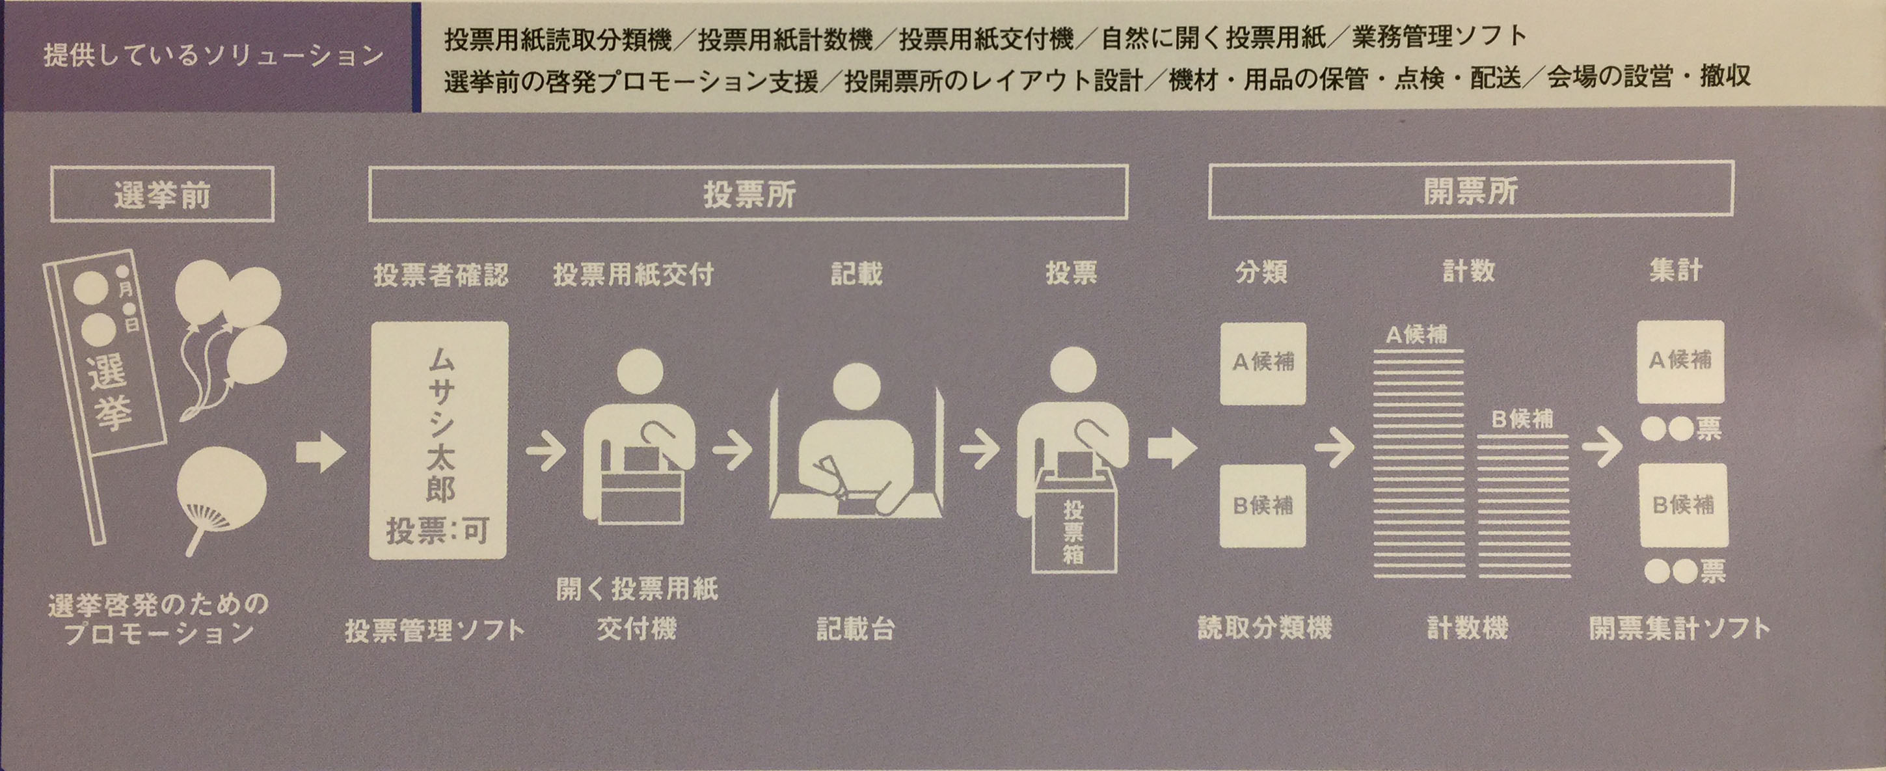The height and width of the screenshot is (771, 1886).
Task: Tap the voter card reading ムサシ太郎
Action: click(x=438, y=440)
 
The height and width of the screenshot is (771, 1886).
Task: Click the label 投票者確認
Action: click(x=440, y=275)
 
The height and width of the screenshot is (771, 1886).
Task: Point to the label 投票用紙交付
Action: click(x=633, y=275)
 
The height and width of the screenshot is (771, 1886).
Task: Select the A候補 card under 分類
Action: click(x=1263, y=363)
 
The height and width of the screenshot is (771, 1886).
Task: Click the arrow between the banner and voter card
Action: click(x=321, y=452)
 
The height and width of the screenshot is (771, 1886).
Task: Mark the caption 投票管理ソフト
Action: click(x=436, y=630)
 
